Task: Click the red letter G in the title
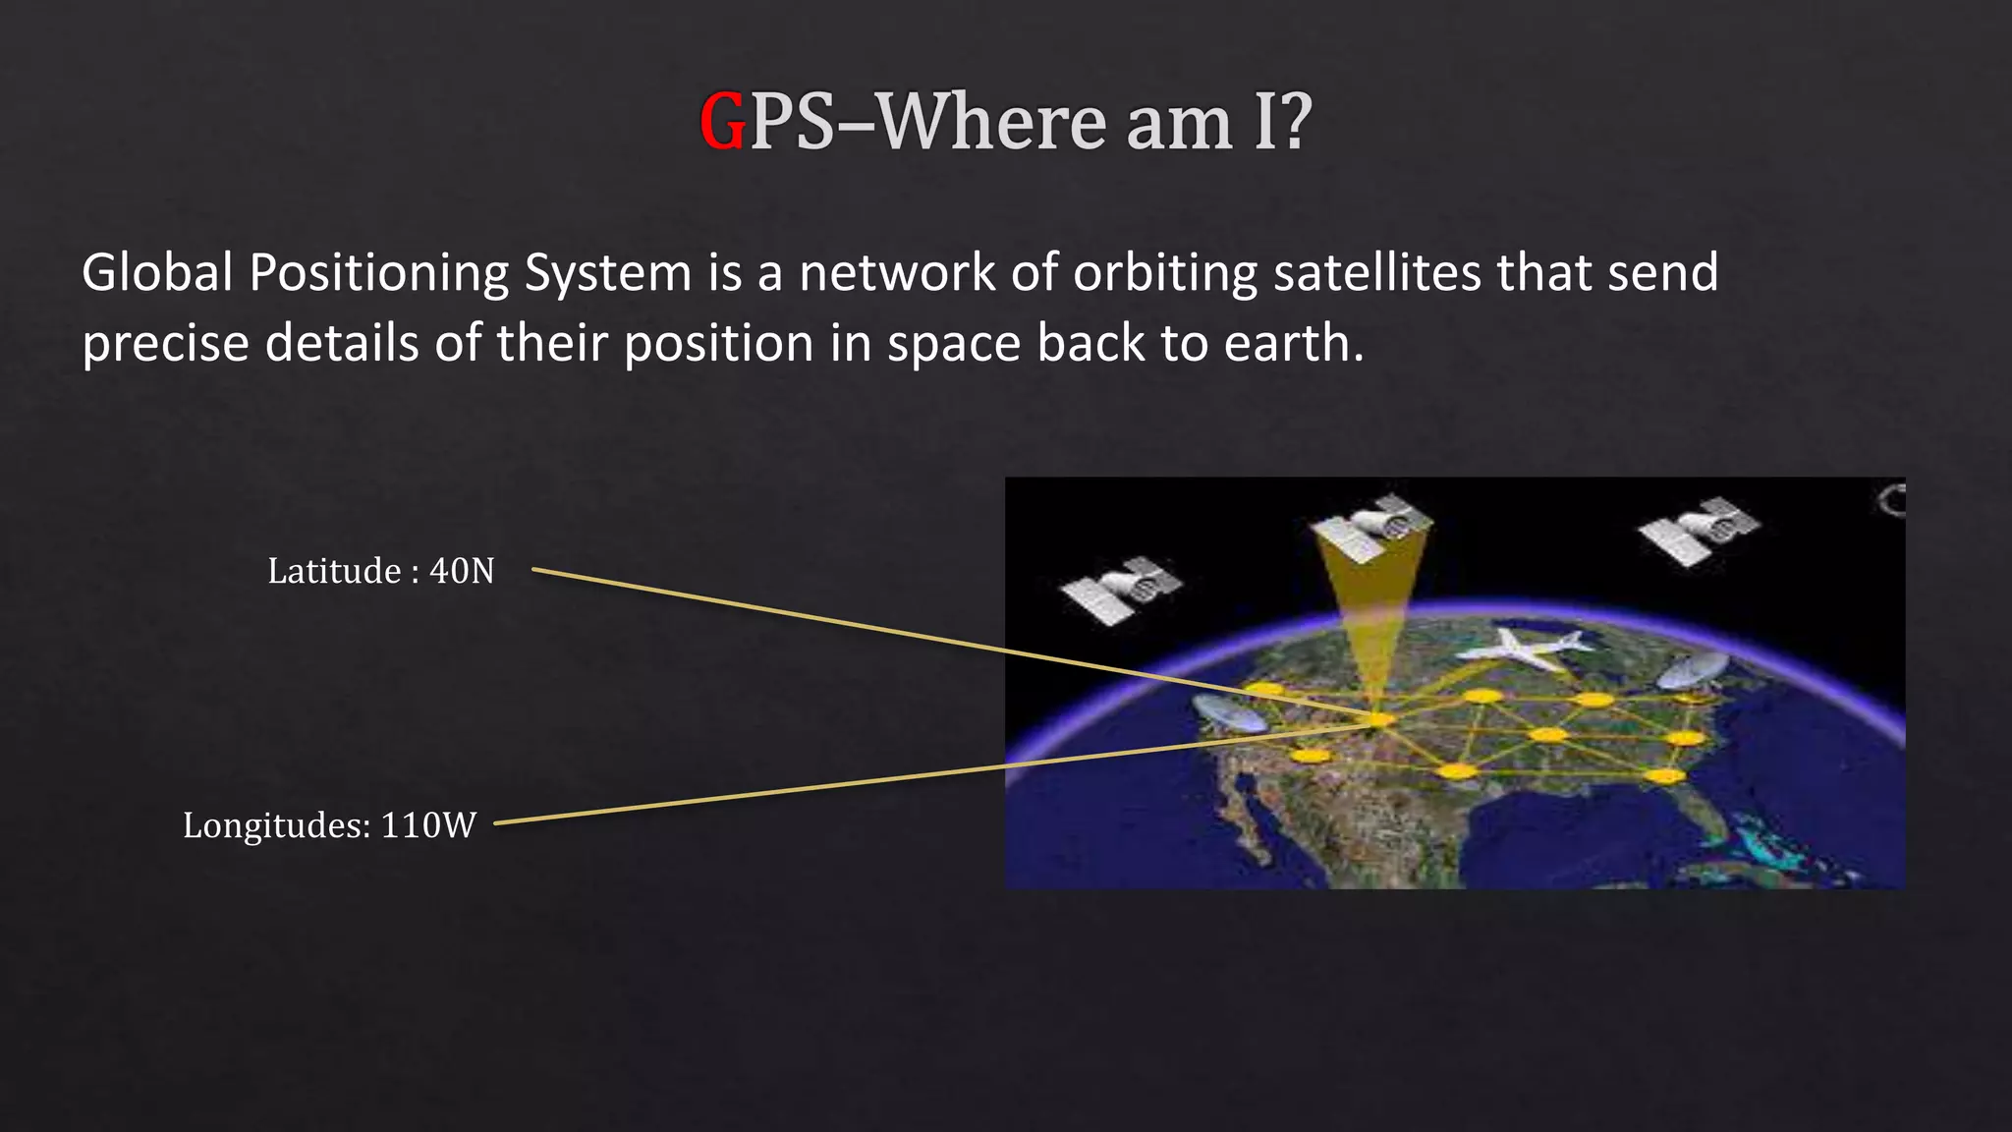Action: (x=723, y=123)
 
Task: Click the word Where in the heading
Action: (x=992, y=123)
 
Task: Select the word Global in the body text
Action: (x=157, y=272)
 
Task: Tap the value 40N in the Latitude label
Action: (x=462, y=571)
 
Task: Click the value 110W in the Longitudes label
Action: (x=428, y=825)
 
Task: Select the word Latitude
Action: (x=334, y=571)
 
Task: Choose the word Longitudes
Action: (x=276, y=826)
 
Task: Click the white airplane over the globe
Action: (x=1522, y=648)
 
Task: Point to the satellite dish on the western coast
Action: (x=1228, y=713)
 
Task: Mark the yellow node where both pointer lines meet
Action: (x=1380, y=720)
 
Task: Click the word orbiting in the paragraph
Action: (x=1164, y=274)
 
